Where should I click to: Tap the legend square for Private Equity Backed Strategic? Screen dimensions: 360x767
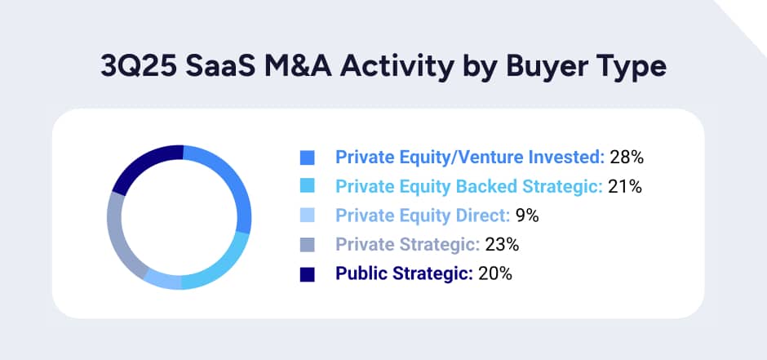coord(308,187)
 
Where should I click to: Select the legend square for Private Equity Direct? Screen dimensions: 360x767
coord(308,216)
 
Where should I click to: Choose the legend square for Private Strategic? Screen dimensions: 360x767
coord(308,245)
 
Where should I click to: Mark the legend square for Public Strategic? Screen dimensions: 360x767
coord(308,274)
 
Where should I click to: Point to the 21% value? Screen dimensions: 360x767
coord(626,187)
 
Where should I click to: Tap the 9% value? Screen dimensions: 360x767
coord(526,216)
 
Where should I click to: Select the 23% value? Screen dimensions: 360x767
coord(502,245)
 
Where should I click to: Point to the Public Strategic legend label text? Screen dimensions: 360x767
coord(404,274)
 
